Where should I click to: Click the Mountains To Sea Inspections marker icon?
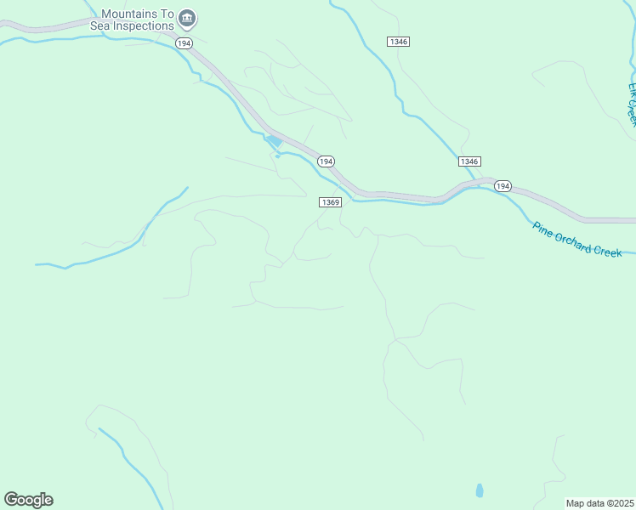tap(189, 17)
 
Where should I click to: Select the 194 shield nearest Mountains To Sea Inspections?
tap(184, 42)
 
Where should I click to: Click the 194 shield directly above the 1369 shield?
tap(326, 161)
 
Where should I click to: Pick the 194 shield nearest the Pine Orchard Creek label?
tap(503, 185)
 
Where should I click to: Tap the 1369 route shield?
tap(331, 202)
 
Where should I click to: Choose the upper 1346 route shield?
tap(398, 42)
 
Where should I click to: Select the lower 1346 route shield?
tap(469, 161)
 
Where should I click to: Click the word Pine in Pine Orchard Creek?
tap(542, 228)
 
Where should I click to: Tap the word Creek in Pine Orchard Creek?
tap(610, 251)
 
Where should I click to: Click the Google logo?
tap(28, 500)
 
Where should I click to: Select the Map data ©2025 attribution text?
tap(599, 503)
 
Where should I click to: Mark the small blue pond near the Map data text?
tap(480, 490)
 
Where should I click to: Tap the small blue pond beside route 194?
tap(273, 141)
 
